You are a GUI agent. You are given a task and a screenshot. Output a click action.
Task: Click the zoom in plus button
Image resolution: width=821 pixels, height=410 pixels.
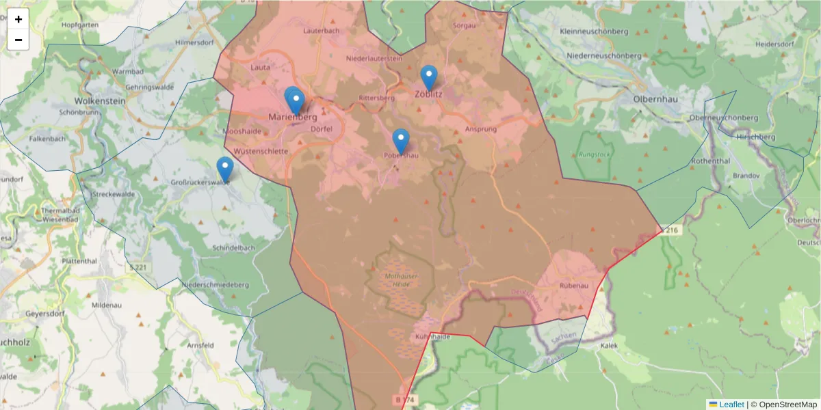[x=18, y=19]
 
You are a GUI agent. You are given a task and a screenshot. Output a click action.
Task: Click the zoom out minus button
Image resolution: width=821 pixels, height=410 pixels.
[x=18, y=40]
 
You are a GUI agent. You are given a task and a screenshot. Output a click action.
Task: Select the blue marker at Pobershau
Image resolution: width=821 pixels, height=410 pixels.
[x=401, y=141]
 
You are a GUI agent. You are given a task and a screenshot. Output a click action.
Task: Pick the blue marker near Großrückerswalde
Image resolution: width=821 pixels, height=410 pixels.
[x=224, y=169]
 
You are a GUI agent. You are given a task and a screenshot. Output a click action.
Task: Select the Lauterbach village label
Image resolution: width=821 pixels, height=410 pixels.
[x=322, y=31]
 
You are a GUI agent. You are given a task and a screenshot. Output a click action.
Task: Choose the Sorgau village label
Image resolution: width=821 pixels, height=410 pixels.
[x=465, y=25]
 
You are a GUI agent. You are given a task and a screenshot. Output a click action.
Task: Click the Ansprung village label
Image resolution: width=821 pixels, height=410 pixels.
[x=480, y=128]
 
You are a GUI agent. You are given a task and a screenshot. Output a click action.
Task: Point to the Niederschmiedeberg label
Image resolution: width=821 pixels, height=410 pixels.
[x=214, y=284]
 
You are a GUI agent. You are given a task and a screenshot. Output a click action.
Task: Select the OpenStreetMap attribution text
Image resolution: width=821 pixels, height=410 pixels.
[x=783, y=405]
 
